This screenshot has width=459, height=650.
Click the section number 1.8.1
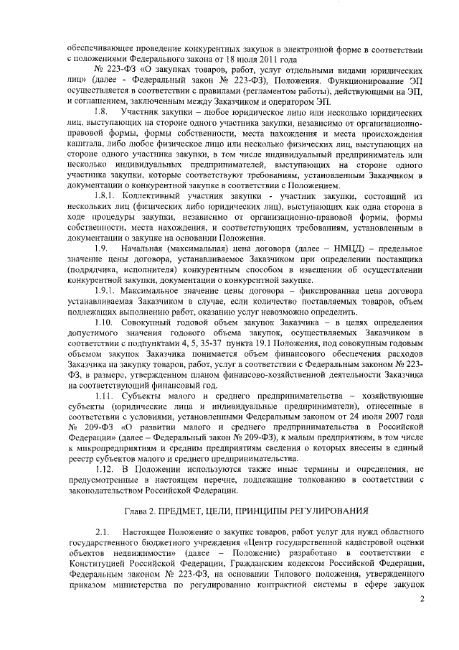pos(107,196)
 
